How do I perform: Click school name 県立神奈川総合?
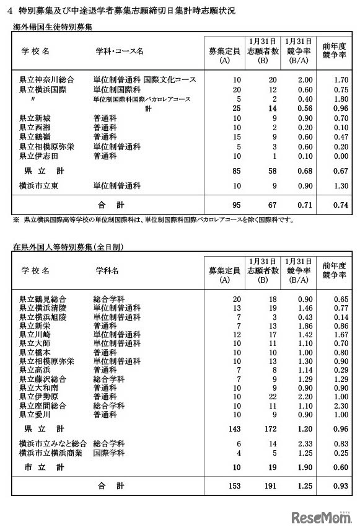pos(46,80)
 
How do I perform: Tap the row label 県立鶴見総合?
pos(42,299)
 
